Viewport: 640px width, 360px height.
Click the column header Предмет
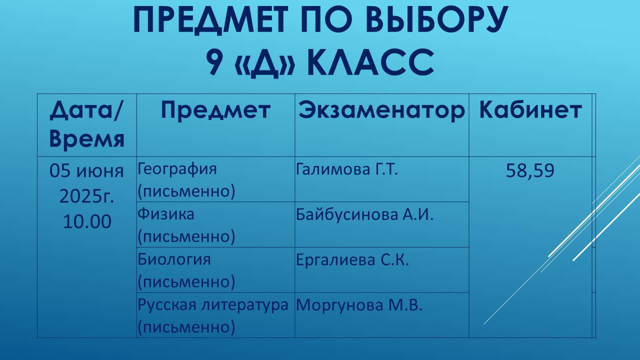tap(215, 110)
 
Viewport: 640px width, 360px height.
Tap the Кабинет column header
tap(530, 110)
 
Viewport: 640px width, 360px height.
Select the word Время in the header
tap(87, 139)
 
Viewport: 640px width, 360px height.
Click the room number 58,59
tap(530, 171)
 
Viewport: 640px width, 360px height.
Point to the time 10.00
tap(87, 221)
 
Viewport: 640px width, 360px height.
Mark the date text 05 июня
tap(87, 171)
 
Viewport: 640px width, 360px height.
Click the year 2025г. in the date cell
tap(87, 196)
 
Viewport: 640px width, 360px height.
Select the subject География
tap(177, 169)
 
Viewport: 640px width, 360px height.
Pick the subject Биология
tap(174, 259)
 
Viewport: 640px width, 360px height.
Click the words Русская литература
tap(213, 304)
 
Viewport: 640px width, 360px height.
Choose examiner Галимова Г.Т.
tap(347, 169)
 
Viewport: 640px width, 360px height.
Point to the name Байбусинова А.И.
tap(364, 214)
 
